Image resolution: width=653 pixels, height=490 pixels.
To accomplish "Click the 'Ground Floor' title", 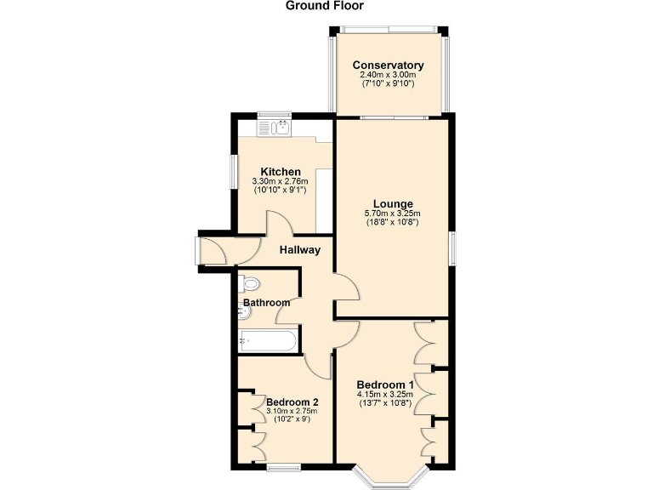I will click(x=324, y=6).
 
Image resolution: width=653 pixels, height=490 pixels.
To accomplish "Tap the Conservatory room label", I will click(x=388, y=66).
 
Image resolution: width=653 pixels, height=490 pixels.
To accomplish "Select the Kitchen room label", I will click(x=281, y=172).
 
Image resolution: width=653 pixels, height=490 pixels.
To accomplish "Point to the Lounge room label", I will click(x=392, y=204).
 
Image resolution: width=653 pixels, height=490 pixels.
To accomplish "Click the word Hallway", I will click(x=300, y=250).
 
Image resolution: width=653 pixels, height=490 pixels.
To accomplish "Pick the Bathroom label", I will click(x=267, y=303).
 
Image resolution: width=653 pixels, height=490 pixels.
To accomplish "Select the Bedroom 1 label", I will click(x=384, y=384).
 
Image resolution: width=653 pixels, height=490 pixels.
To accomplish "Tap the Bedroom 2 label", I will click(x=292, y=402).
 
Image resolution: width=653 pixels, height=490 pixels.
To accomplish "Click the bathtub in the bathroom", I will click(x=268, y=341).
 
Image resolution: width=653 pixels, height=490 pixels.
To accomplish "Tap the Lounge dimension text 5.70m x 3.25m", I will click(x=392, y=214).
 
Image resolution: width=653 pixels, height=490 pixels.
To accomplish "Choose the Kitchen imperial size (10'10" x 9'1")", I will click(x=281, y=191).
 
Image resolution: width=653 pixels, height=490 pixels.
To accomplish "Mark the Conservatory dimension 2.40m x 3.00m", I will click(x=388, y=75).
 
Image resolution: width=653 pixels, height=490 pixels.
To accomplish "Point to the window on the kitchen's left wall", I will click(x=235, y=170).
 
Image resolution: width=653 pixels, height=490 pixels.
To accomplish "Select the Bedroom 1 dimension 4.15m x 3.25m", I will click(x=384, y=394).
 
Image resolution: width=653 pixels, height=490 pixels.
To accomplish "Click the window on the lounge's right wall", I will click(x=451, y=247).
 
